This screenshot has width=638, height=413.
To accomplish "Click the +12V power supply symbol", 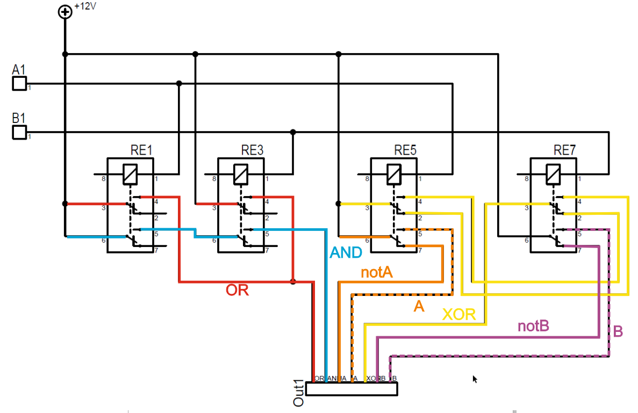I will pos(64,12).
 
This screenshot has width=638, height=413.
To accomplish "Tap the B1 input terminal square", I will pos(19,132).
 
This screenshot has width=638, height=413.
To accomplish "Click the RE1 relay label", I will pos(141,150).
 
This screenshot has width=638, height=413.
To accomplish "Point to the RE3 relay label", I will pos(252,150).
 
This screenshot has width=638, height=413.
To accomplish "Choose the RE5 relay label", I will pos(405,150).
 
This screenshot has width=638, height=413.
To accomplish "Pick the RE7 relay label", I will pos(564,150).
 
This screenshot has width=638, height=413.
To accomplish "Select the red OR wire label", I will pos(237,291).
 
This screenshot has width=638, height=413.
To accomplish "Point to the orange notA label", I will pos(376,272).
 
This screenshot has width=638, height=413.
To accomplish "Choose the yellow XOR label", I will pos(459,314).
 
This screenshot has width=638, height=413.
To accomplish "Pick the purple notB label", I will pos(533,326).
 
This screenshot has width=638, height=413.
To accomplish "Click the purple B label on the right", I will pos(618,331).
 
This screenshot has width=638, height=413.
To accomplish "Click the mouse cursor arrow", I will pos(475,379).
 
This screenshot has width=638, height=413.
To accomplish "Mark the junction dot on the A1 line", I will pos(179,83).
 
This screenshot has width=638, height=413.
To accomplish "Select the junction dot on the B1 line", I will pos(293,132).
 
